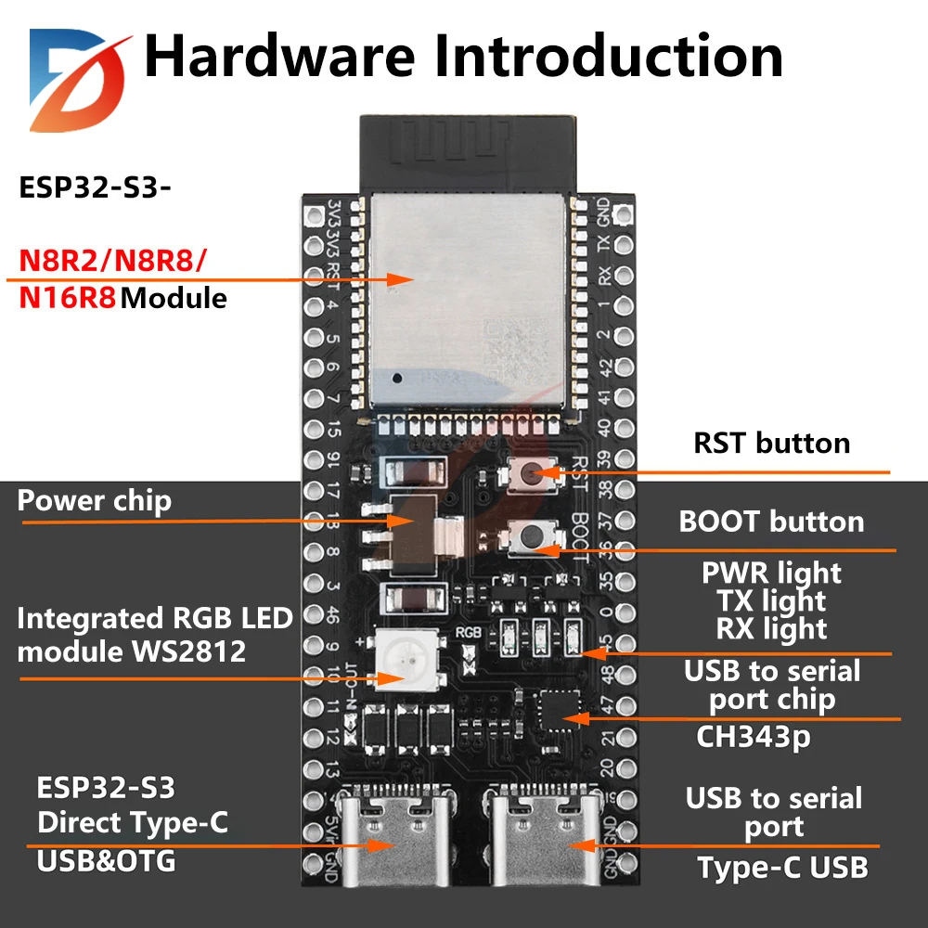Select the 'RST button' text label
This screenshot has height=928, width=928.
pyautogui.click(x=772, y=443)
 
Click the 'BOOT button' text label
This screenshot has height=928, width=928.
pyautogui.click(x=771, y=522)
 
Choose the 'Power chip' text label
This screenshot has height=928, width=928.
pyautogui.click(x=95, y=501)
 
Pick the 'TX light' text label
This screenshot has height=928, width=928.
pyautogui.click(x=771, y=601)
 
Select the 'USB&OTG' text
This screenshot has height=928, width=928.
pyautogui.click(x=106, y=861)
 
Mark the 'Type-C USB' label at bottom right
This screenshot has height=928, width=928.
pyautogui.click(x=782, y=868)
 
